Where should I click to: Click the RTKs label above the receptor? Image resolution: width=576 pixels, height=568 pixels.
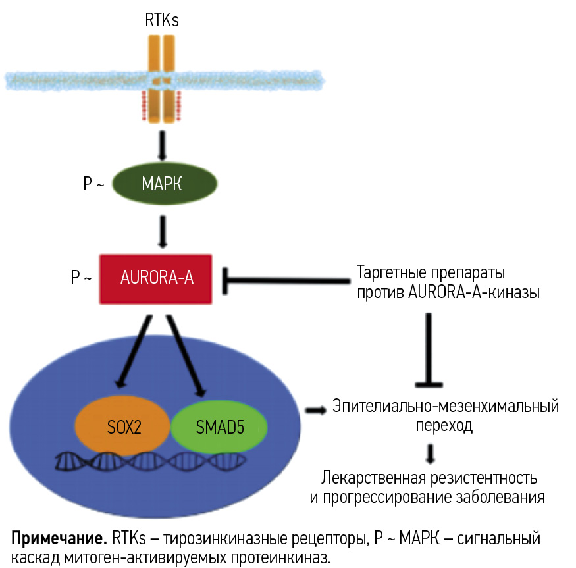click(x=162, y=20)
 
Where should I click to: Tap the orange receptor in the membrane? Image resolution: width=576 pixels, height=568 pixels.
click(x=162, y=79)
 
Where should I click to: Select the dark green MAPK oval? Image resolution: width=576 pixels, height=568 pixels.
click(x=161, y=185)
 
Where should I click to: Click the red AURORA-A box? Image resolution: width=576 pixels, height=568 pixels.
click(x=155, y=278)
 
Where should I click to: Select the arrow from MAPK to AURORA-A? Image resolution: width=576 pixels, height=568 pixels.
click(x=162, y=230)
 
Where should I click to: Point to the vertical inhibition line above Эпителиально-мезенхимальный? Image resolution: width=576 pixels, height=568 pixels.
click(x=430, y=349)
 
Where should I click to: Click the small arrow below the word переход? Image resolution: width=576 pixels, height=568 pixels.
click(x=431, y=453)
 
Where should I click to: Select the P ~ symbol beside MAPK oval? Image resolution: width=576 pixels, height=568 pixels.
click(x=93, y=185)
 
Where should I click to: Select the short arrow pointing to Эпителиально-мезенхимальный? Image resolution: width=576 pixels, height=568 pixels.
click(x=315, y=410)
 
